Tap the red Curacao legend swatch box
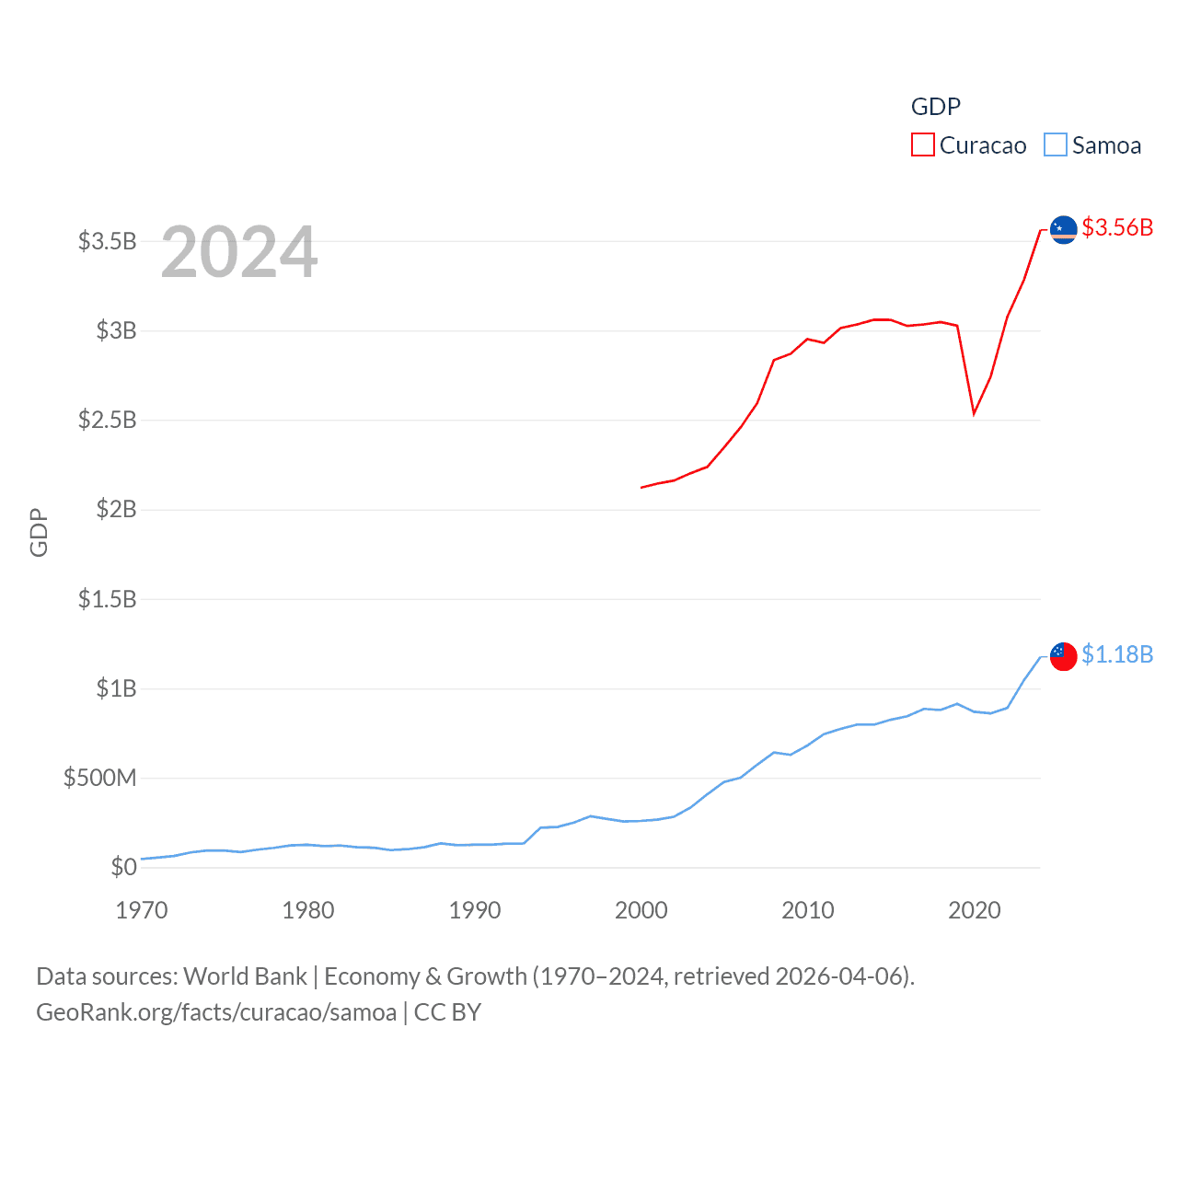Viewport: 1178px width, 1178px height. [x=923, y=145]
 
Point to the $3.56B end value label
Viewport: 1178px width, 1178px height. [x=1117, y=227]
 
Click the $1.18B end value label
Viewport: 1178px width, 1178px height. [x=1117, y=654]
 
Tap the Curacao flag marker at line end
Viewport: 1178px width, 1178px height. [x=1064, y=229]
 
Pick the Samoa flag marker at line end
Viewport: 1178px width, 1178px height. [x=1064, y=656]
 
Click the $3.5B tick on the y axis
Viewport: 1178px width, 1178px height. [x=107, y=241]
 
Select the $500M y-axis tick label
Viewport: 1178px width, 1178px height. [x=99, y=778]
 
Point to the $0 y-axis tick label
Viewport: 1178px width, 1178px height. [x=123, y=867]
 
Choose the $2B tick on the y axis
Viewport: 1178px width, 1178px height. [x=116, y=509]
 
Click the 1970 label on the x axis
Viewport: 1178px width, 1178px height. [x=142, y=910]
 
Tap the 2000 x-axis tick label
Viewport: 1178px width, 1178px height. [x=641, y=910]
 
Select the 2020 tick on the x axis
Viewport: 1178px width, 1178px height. [x=975, y=910]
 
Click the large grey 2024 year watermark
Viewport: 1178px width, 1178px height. [x=239, y=252]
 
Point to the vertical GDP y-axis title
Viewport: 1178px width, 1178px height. [x=39, y=532]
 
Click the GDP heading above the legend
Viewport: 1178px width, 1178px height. [x=936, y=107]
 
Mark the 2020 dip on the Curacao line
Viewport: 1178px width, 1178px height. [x=974, y=413]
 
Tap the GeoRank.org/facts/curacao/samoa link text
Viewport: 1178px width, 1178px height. [x=216, y=1012]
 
